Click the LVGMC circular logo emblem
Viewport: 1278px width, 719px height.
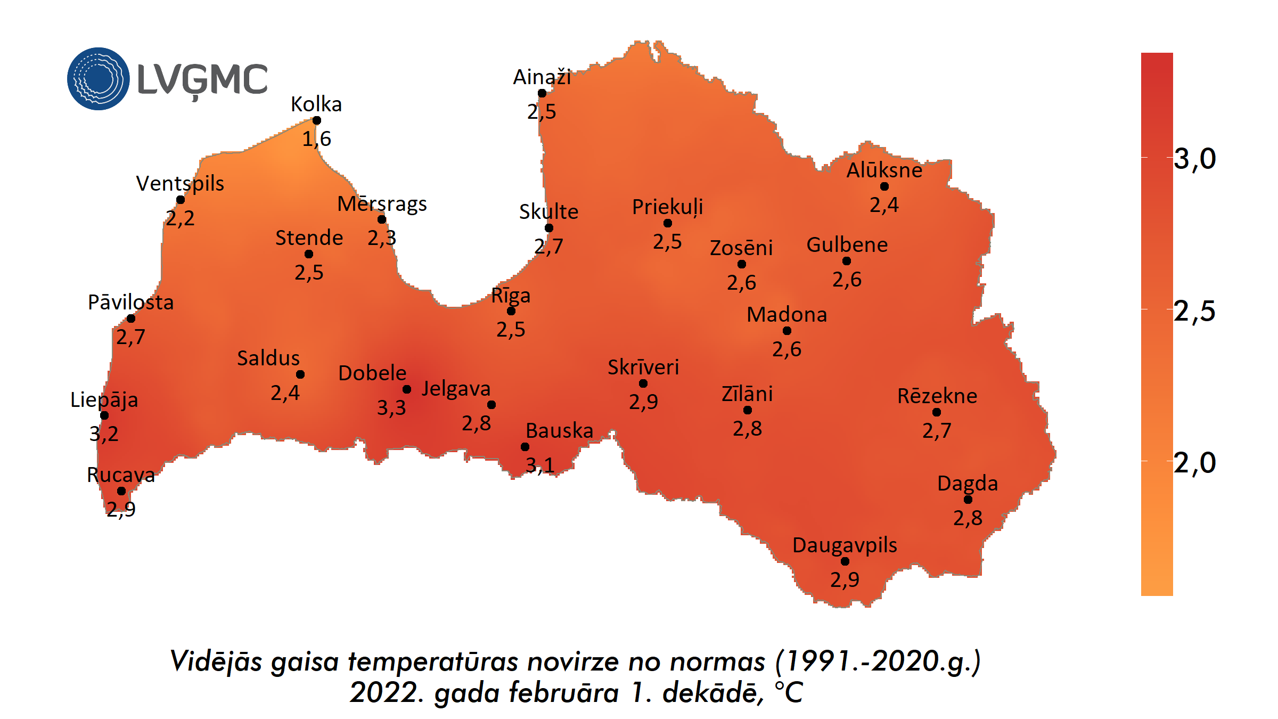click(x=99, y=79)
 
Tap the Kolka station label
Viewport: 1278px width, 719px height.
click(x=316, y=104)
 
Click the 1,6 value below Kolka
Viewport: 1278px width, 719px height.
click(x=317, y=139)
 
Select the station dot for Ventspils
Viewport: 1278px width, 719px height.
click(x=181, y=200)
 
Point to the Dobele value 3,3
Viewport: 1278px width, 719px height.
click(x=391, y=408)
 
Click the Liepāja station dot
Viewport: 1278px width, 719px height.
click(x=104, y=415)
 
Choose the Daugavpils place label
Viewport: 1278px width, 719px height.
click(x=845, y=545)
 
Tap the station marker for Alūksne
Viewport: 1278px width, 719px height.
click(x=884, y=186)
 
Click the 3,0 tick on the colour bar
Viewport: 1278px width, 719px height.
click(x=1195, y=159)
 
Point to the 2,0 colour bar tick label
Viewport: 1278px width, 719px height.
click(x=1195, y=463)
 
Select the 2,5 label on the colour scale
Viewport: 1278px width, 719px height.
click(x=1195, y=311)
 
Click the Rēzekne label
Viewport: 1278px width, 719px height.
click(x=937, y=396)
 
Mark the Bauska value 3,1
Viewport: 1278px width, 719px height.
click(x=540, y=465)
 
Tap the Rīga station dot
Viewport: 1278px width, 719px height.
click(x=511, y=311)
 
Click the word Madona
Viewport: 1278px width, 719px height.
click(x=787, y=315)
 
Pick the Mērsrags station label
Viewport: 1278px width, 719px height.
click(x=382, y=204)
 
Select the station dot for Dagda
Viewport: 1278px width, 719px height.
click(x=968, y=500)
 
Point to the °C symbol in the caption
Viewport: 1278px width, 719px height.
click(x=789, y=693)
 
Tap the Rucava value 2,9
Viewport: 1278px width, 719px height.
click(x=121, y=509)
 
